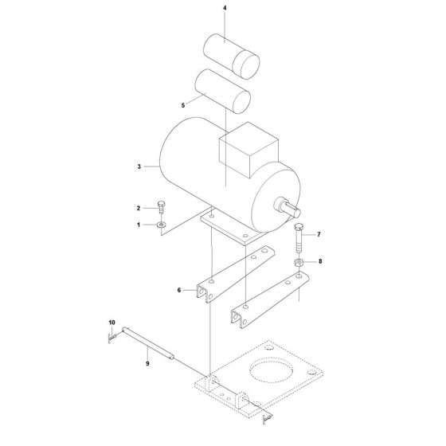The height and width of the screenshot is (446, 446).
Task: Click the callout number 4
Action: [x=225, y=8]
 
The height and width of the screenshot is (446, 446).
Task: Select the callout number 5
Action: [x=183, y=105]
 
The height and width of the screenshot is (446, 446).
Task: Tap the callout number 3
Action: [x=139, y=166]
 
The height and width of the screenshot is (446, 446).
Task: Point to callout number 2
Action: [x=139, y=208]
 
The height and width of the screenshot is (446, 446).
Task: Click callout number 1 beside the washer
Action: [x=139, y=225]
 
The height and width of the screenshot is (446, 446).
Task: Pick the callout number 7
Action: [x=319, y=234]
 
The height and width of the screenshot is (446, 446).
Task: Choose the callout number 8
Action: [x=320, y=261]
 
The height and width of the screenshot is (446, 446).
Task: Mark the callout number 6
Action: [x=179, y=290]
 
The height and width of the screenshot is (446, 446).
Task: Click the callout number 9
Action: [x=147, y=363]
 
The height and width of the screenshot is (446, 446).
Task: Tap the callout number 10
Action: [x=111, y=323]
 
